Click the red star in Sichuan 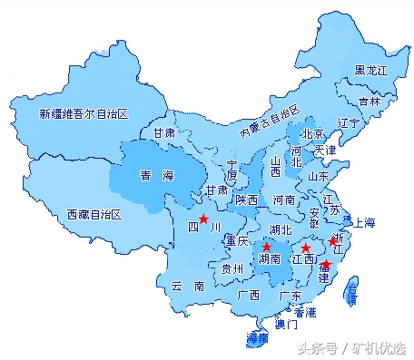[204, 219]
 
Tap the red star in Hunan [266, 247]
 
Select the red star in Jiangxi [306, 248]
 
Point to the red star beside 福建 [327, 266]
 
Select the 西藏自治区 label [100, 215]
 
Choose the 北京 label [313, 132]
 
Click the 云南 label [187, 285]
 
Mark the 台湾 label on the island [352, 293]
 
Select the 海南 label [258, 338]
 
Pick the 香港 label [304, 312]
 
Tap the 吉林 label [369, 102]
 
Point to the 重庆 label [237, 241]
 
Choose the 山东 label [319, 176]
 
